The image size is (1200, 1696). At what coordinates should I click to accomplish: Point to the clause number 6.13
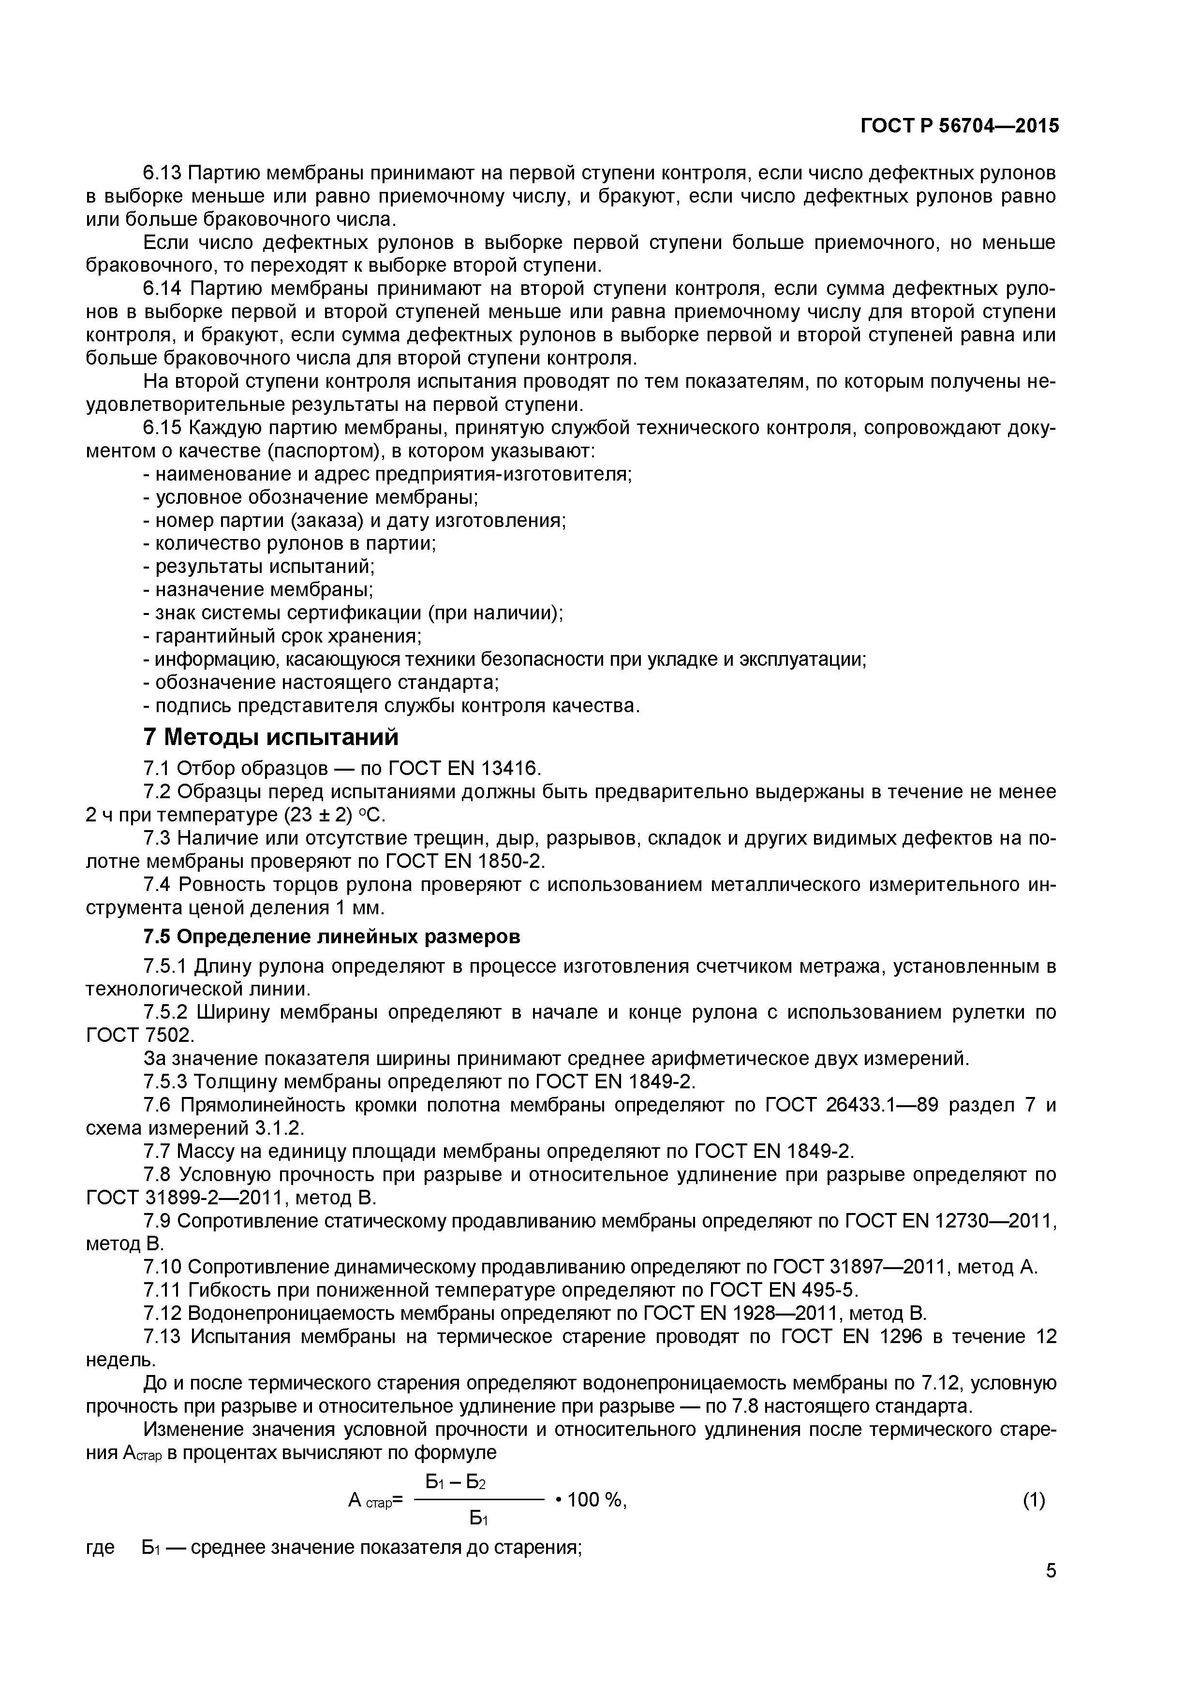tap(161, 174)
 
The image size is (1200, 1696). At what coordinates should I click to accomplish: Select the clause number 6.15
tap(161, 428)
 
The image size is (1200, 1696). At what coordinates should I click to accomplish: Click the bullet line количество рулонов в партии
tap(290, 544)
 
